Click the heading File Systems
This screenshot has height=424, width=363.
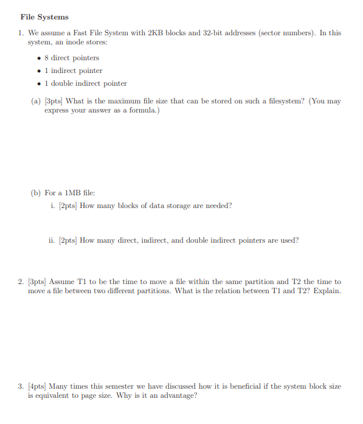click(44, 17)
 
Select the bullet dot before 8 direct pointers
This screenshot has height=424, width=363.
click(40, 58)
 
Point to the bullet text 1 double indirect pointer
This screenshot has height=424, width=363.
click(86, 83)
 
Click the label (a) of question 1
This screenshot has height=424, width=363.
click(35, 101)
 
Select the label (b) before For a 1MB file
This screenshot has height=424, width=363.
click(35, 193)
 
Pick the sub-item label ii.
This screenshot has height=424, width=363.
click(52, 240)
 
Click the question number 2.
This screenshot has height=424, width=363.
click(21, 282)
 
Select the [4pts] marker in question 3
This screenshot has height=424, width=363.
click(38, 386)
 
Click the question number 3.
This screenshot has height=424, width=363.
click(21, 386)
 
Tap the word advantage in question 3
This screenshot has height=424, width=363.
click(176, 395)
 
